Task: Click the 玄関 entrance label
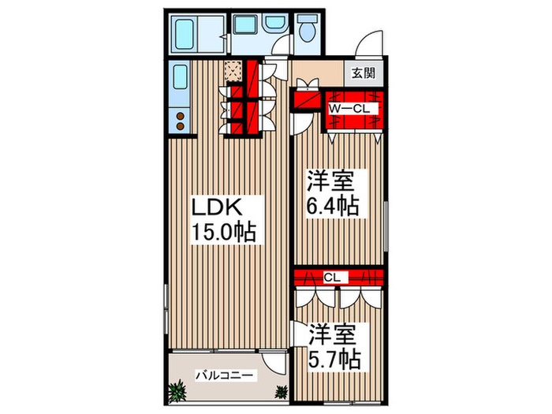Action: [x=364, y=73]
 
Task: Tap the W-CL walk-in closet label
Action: [x=349, y=109]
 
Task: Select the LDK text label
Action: [x=216, y=207]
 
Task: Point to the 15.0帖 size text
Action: [x=223, y=231]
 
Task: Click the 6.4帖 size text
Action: [x=332, y=206]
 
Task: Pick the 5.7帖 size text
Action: [x=334, y=359]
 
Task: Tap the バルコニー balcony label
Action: [x=224, y=375]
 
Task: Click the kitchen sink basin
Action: [x=180, y=76]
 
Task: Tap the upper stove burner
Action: [x=181, y=116]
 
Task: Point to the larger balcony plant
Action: [x=177, y=391]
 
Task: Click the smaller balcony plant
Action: [x=281, y=391]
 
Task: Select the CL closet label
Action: [x=332, y=278]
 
